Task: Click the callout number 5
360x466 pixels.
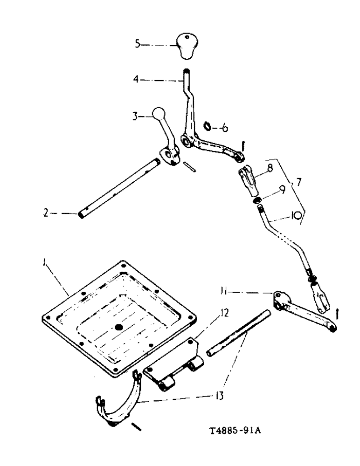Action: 137,44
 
